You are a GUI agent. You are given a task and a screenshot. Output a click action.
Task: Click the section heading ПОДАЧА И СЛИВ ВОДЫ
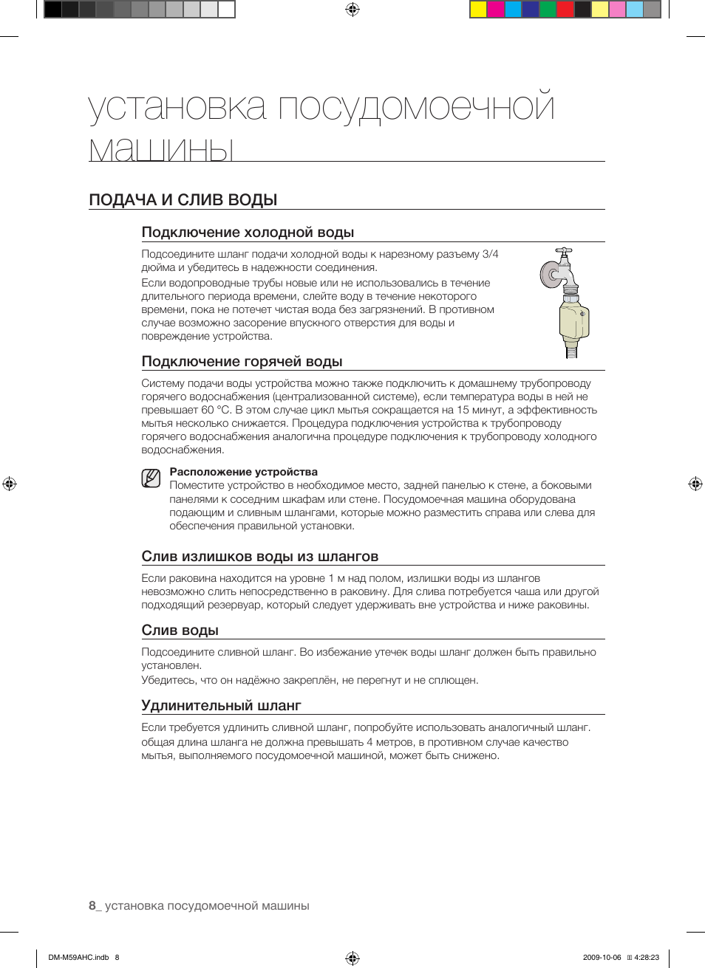pyautogui.click(x=183, y=200)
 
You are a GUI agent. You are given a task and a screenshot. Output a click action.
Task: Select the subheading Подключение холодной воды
pyautogui.click(x=248, y=233)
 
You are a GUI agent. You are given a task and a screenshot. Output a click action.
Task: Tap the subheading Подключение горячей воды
pyautogui.click(x=242, y=362)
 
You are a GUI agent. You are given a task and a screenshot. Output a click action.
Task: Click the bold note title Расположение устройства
pyautogui.click(x=243, y=472)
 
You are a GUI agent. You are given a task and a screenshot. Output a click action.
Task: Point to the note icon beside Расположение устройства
pyautogui.click(x=151, y=478)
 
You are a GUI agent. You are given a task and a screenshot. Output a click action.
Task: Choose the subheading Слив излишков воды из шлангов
pyautogui.click(x=259, y=557)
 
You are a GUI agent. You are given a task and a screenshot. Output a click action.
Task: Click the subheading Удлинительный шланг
pyautogui.click(x=221, y=706)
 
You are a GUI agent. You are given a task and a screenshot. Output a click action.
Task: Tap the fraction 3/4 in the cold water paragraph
pyautogui.click(x=490, y=254)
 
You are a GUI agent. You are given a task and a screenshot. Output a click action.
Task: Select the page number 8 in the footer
pyautogui.click(x=92, y=906)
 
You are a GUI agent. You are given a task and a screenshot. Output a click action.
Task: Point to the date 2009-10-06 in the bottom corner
pyautogui.click(x=602, y=958)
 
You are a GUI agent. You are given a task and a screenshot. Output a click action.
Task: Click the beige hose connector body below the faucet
pyautogui.click(x=573, y=320)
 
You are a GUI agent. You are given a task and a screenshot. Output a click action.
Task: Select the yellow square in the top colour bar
pyautogui.click(x=478, y=10)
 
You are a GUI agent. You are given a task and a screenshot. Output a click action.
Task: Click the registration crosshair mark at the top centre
pyautogui.click(x=352, y=10)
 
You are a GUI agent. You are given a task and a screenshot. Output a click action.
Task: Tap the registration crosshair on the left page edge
pyautogui.click(x=10, y=484)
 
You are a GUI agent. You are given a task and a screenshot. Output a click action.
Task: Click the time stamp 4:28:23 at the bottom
pyautogui.click(x=647, y=958)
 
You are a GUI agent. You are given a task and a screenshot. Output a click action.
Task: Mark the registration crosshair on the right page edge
pyautogui.click(x=695, y=484)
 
